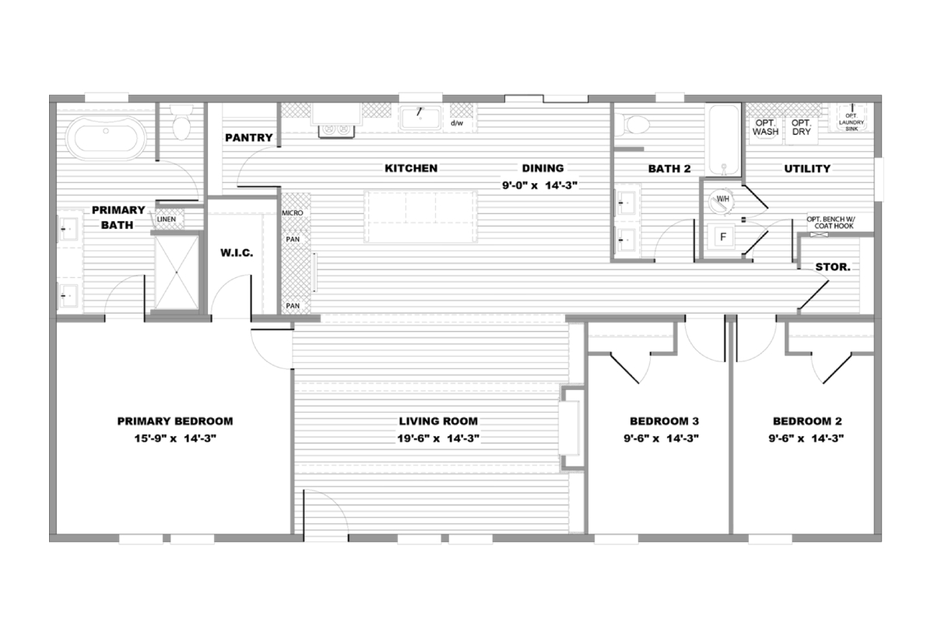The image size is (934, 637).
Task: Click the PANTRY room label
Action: coord(249,138)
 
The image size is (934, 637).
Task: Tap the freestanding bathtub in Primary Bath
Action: coord(106,138)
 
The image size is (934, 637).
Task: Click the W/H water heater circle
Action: coord(722,202)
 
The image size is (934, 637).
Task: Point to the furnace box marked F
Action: coord(723,237)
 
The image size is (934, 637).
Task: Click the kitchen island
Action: coord(421,216)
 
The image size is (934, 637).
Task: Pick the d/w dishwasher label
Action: coord(457,123)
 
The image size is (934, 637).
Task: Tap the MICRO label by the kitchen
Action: coord(293,213)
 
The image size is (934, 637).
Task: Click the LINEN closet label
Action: coord(167,219)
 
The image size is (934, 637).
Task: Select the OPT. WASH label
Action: coord(766,127)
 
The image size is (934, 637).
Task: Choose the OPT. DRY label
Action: coord(802,127)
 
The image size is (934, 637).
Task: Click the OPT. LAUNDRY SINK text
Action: coord(851,122)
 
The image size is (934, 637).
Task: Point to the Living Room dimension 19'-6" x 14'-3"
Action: coord(438,438)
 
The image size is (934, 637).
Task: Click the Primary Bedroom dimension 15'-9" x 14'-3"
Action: coord(175,438)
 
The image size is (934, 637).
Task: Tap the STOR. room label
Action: coord(833,267)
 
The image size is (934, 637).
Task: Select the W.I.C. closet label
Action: coord(237,253)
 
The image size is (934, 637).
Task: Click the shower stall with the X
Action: coord(177,273)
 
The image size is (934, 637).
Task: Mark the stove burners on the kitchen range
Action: coord(336,130)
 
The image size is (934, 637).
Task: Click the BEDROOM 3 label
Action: coord(664,421)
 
